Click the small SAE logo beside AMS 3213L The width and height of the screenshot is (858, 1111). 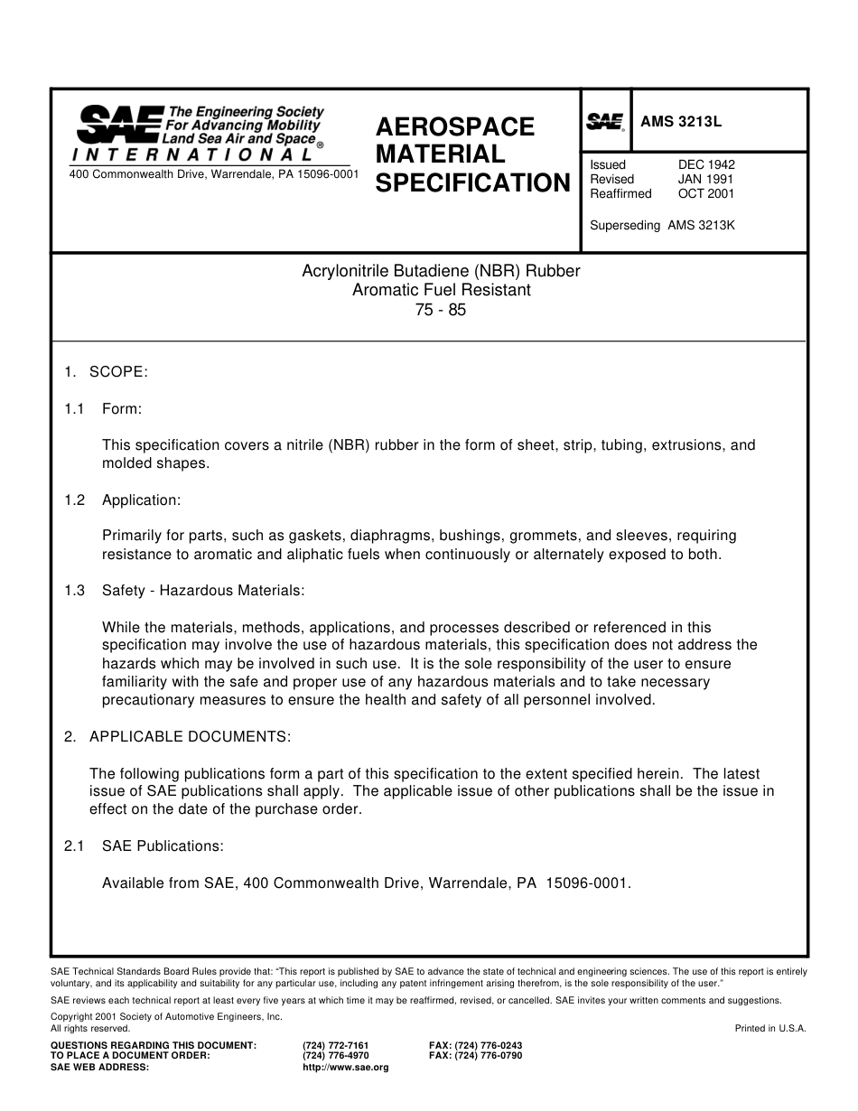(605, 122)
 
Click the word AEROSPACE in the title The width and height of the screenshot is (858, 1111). (455, 126)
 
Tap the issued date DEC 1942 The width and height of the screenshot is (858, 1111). (706, 164)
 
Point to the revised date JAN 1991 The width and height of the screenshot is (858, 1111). (706, 179)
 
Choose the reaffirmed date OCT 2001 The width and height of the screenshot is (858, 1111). (706, 193)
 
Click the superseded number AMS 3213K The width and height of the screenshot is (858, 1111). (701, 226)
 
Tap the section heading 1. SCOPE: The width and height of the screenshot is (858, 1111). (106, 372)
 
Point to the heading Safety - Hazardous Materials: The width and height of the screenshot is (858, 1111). (203, 591)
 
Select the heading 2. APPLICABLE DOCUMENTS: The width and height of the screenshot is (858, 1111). (177, 737)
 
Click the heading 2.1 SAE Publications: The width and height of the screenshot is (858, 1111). (144, 846)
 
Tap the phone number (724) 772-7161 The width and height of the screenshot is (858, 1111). (336, 1045)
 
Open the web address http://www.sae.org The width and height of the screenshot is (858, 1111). (346, 1067)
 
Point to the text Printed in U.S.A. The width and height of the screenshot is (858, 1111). (770, 1028)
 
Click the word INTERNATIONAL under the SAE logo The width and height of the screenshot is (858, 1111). (191, 154)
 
